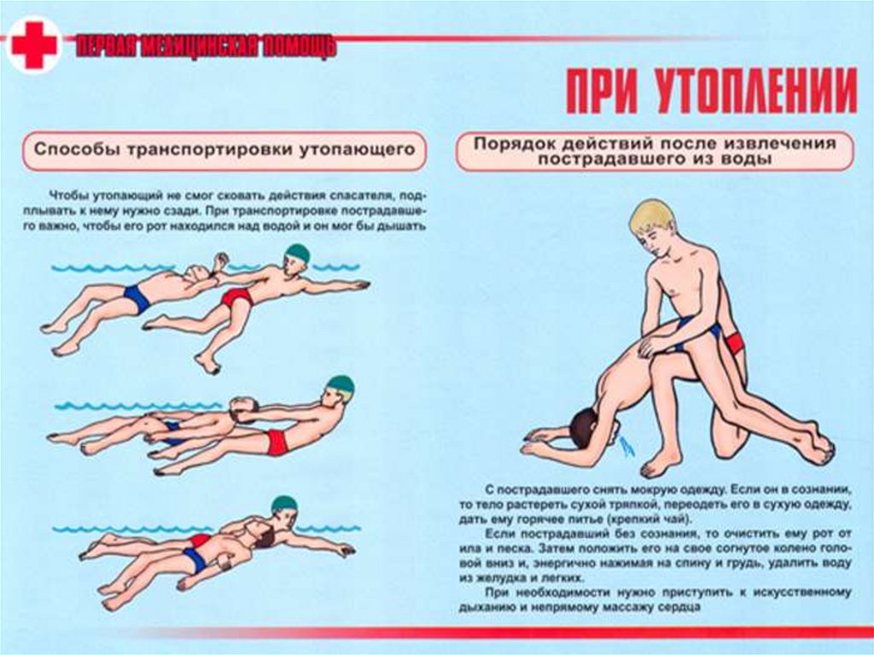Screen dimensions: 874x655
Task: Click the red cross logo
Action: (34, 44)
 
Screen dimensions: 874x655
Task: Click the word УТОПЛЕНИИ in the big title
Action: (756, 91)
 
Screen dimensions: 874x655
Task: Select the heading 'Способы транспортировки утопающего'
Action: (224, 149)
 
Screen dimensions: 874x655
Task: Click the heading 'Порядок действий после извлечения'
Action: (655, 143)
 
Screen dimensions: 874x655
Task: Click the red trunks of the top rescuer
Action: (238, 297)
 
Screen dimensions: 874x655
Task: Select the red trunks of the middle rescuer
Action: (277, 442)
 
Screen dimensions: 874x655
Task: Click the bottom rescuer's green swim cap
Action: (284, 505)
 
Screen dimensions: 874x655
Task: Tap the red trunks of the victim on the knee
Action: (735, 342)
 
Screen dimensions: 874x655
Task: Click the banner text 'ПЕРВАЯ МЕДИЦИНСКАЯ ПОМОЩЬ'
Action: (207, 47)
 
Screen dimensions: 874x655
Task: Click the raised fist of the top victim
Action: (222, 260)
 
